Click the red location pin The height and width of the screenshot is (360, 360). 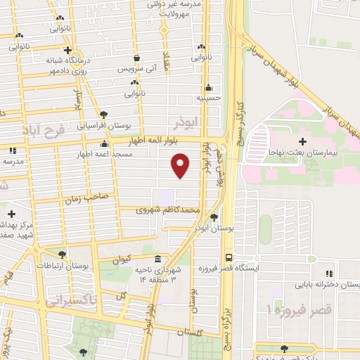pyautogui.click(x=181, y=165)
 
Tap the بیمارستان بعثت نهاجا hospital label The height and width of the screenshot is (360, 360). pyautogui.click(x=307, y=152)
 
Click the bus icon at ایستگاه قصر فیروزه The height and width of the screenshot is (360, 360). pyautogui.click(x=229, y=257)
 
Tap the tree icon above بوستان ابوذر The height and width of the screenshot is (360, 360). pyautogui.click(x=214, y=217)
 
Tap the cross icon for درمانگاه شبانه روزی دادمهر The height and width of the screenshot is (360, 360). pyautogui.click(x=67, y=50)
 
